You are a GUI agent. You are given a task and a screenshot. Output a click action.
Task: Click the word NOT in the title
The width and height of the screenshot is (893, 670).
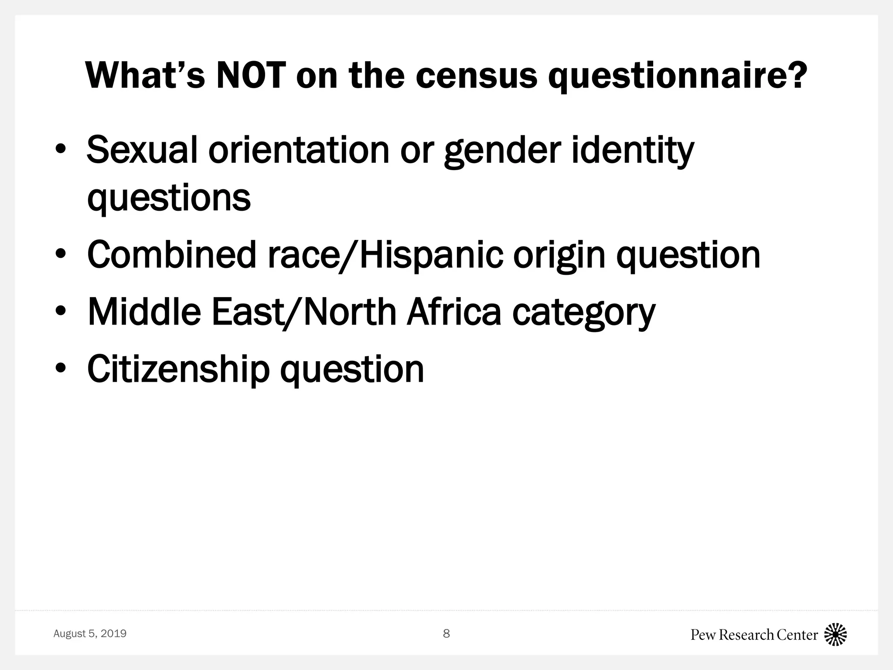pos(251,75)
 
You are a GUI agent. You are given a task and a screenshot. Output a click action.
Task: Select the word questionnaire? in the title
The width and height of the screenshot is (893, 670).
pos(676,77)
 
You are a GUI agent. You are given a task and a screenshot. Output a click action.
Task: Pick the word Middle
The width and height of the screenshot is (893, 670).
pos(144,312)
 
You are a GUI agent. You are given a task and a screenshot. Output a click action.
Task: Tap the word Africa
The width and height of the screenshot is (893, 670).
pos(454,312)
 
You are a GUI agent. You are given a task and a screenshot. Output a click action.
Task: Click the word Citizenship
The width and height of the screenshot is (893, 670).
pos(178,369)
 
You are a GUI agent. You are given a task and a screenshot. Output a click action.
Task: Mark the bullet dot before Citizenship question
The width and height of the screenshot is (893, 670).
pos(61,369)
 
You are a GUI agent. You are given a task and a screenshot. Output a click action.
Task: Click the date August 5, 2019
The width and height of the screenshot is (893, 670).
pos(90,633)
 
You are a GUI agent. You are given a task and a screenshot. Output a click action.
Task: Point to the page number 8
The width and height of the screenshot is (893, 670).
pos(446,633)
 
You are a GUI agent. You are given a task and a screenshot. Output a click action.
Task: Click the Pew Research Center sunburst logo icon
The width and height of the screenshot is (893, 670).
pos(835,634)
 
